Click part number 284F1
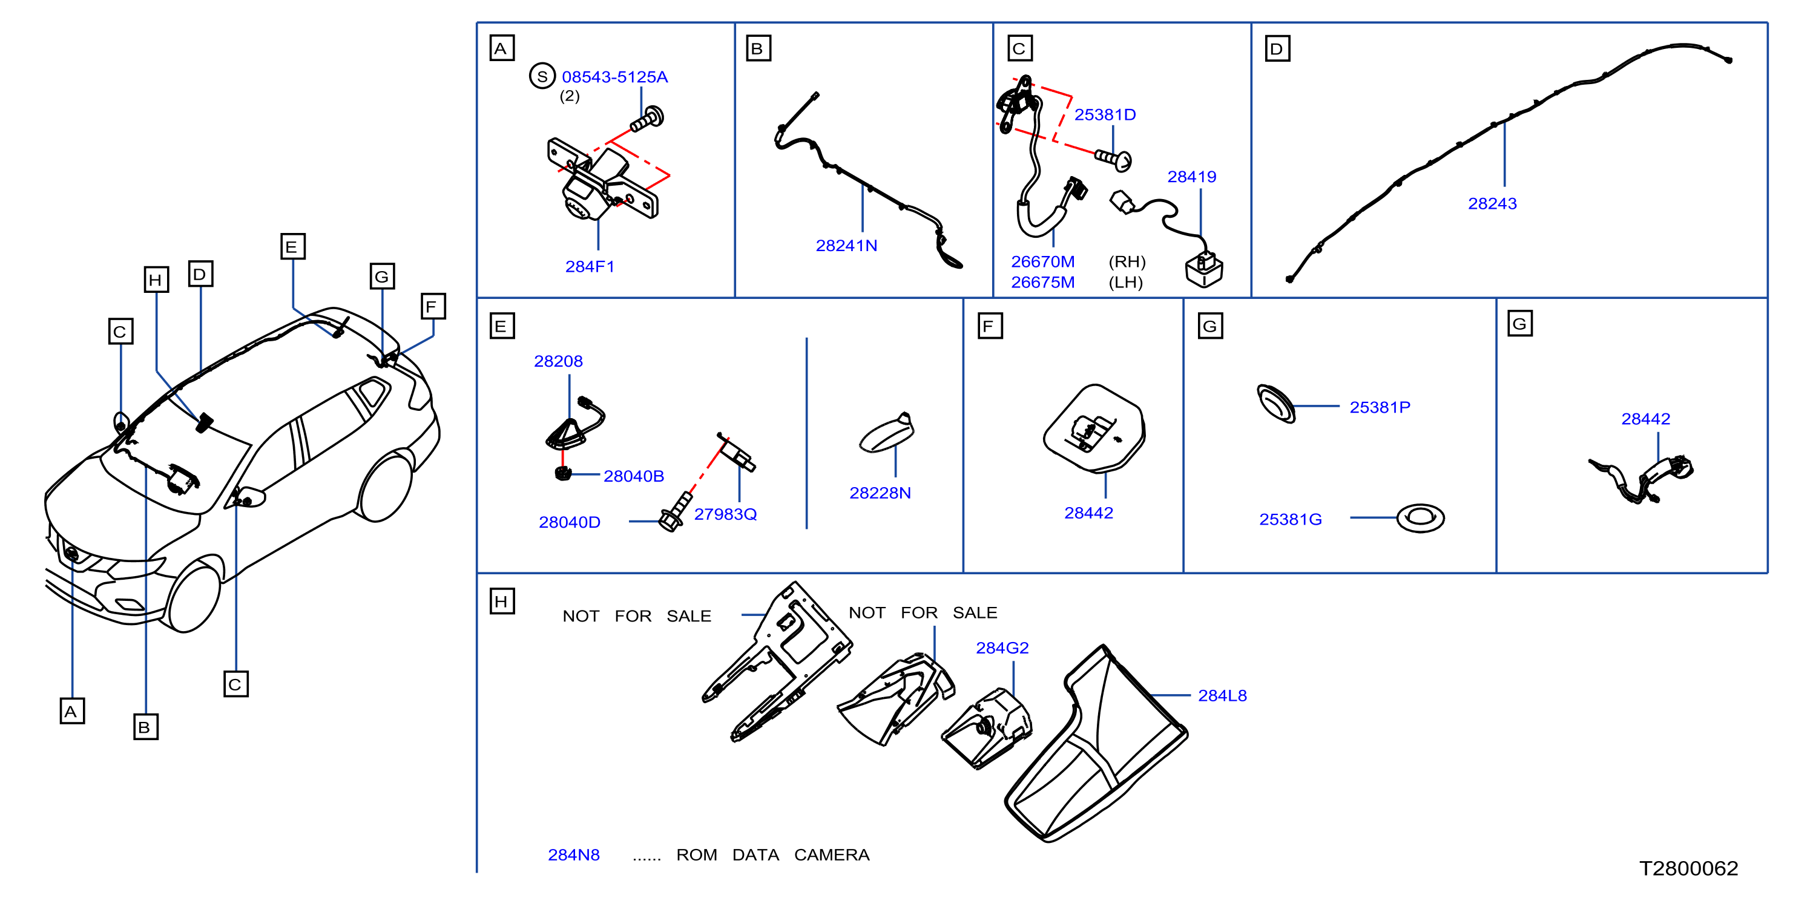pos(590,267)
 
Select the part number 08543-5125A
pos(614,77)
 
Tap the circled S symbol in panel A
pos(542,76)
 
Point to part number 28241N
pos(846,246)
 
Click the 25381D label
pos(1105,115)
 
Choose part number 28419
pos(1191,177)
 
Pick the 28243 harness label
pos(1492,203)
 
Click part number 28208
pos(558,361)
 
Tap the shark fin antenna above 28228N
pos(887,432)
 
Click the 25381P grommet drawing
pos(1275,404)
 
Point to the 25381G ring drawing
pos(1420,519)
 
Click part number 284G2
pos(1002,647)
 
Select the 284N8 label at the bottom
pos(574,854)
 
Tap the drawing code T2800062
pos(1688,868)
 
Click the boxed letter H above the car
pos(156,280)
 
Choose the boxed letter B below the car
pos(146,727)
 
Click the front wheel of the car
pos(192,598)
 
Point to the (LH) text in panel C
pos(1125,282)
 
